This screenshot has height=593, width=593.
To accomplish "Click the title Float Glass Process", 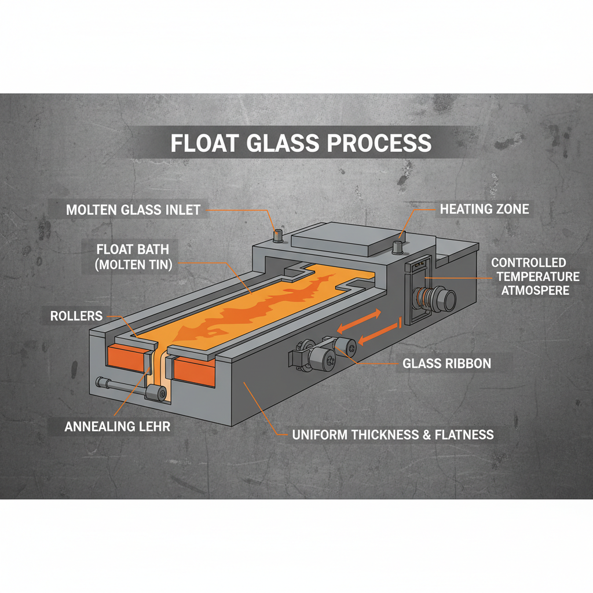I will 301,142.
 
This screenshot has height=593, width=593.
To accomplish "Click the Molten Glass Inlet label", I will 133,210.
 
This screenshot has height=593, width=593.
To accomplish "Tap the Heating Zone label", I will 484,208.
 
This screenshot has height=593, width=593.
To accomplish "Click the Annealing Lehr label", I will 117,427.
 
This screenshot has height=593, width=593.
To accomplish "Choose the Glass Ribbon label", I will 446,364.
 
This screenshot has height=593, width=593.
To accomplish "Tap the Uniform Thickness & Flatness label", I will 393,434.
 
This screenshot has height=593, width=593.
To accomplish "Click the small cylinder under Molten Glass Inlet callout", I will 278,235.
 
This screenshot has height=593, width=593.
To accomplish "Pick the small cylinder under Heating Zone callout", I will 399,246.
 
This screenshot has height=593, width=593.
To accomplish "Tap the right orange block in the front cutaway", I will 195,370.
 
